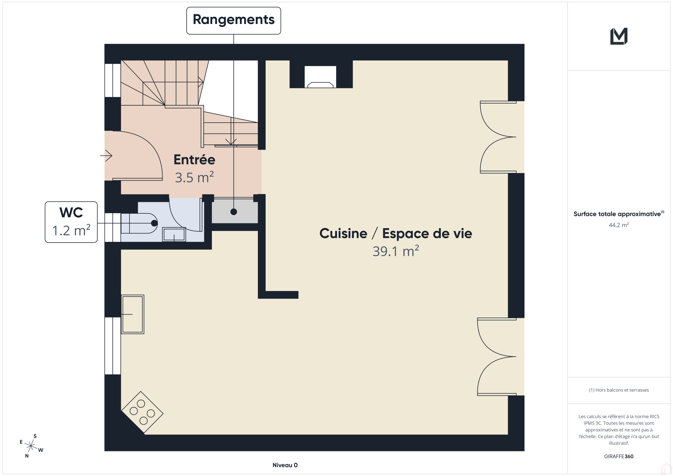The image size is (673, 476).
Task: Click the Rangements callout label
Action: point(234,20)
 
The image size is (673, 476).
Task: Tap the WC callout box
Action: point(71,222)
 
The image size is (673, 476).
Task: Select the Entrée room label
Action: point(195,160)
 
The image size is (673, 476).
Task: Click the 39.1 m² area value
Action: point(396,251)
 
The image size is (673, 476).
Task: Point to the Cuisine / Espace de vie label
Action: point(396,233)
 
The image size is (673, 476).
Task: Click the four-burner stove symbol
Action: point(142,412)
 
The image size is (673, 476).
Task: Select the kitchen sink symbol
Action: point(133,314)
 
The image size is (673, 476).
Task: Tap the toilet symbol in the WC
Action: point(139,223)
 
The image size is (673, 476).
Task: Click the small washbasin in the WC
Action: point(174,234)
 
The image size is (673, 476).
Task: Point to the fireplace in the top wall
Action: point(320,77)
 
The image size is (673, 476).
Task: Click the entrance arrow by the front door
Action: point(106,155)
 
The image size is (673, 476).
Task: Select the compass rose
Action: point(31,446)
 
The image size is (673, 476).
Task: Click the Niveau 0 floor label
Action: point(285,465)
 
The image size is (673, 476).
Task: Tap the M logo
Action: point(619,36)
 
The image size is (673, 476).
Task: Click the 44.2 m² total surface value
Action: point(619,225)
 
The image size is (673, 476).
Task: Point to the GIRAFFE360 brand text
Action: point(619,456)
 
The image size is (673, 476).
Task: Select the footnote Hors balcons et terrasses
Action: point(619,390)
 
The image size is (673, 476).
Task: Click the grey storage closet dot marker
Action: point(234,212)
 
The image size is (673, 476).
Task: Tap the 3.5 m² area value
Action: point(195,178)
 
